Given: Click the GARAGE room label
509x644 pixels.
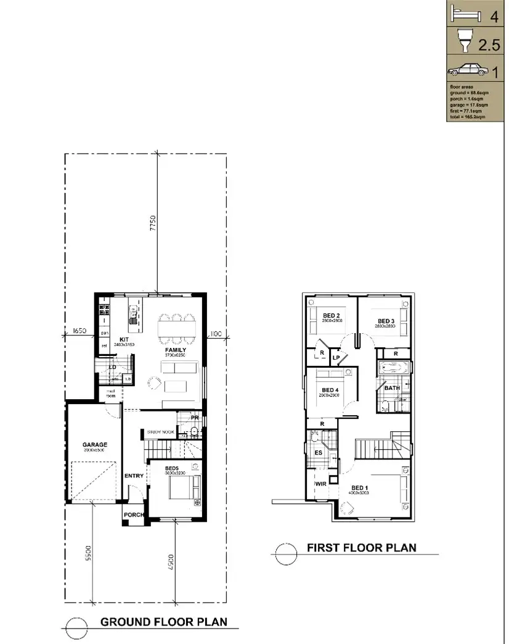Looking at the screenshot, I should (x=95, y=444).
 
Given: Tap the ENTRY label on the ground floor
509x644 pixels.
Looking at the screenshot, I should (x=134, y=476).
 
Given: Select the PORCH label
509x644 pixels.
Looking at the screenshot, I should (x=134, y=515).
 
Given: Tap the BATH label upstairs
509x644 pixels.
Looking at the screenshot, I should (x=392, y=388).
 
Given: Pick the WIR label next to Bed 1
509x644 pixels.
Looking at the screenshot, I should (x=320, y=484).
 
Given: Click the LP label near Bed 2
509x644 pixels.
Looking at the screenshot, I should (x=336, y=357).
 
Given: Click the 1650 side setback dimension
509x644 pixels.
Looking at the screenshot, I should (x=79, y=331).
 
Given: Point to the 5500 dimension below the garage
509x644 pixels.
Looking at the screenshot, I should (x=89, y=551).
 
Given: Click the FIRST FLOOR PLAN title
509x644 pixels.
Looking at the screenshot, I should (x=361, y=547).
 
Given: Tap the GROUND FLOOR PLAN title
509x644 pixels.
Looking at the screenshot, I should (x=163, y=622).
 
